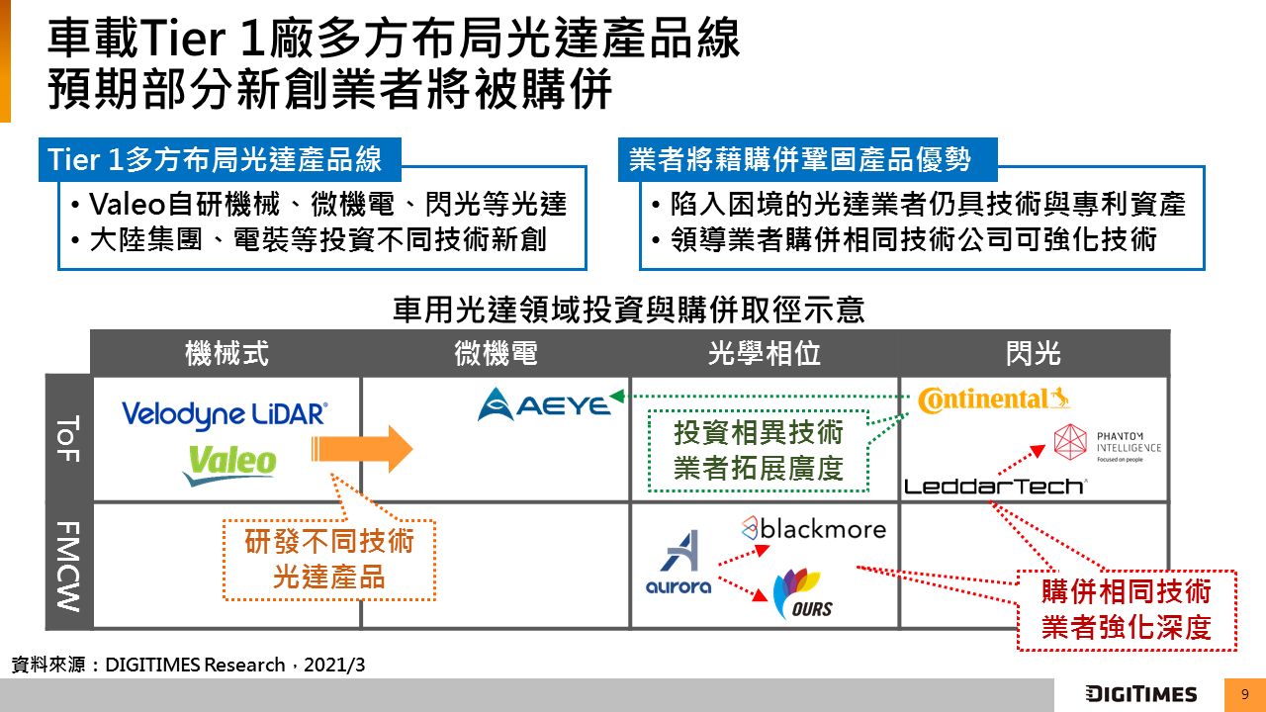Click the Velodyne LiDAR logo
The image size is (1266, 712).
(225, 414)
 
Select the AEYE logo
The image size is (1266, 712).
(544, 404)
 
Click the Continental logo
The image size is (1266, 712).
(993, 400)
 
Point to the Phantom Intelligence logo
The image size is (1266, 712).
(1107, 444)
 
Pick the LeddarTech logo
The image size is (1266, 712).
(995, 486)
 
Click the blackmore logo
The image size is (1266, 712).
(813, 528)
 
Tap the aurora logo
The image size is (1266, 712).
(679, 564)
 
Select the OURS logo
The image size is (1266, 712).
(803, 593)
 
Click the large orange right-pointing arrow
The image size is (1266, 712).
(362, 450)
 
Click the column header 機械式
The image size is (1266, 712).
(226, 353)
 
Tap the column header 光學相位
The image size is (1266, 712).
(765, 353)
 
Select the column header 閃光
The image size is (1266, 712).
(1034, 353)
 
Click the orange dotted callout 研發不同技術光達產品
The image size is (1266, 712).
(328, 560)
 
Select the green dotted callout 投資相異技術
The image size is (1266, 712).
(759, 450)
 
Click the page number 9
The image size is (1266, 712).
(1244, 694)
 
